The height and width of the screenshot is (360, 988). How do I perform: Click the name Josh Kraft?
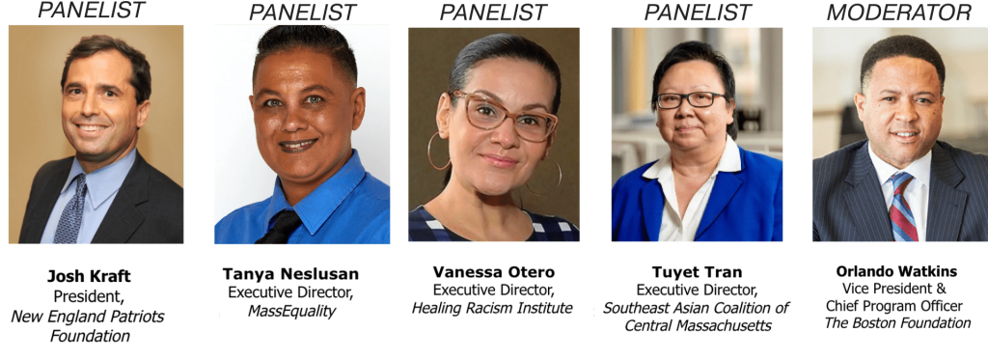pyautogui.click(x=89, y=276)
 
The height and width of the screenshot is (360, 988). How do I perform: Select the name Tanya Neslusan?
pyautogui.click(x=290, y=274)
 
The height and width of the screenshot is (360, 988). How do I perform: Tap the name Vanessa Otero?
pyautogui.click(x=494, y=272)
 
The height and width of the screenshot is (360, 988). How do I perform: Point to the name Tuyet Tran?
pyautogui.click(x=697, y=272)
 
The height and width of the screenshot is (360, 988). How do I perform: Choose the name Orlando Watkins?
pyautogui.click(x=896, y=272)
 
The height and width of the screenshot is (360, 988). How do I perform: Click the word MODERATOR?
pyautogui.click(x=900, y=12)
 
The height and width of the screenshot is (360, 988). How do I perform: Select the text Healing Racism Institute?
pyautogui.click(x=492, y=308)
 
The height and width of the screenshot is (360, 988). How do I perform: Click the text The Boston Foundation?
pyautogui.click(x=897, y=323)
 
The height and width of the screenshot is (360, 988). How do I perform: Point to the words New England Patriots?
pyautogui.click(x=88, y=316)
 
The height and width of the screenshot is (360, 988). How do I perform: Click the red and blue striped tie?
pyautogui.click(x=902, y=207)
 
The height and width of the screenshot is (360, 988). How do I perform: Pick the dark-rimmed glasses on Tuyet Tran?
pyautogui.click(x=691, y=99)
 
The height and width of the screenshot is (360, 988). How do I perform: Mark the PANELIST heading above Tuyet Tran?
pyautogui.click(x=698, y=12)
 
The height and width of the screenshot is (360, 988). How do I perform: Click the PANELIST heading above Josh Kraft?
pyautogui.click(x=92, y=10)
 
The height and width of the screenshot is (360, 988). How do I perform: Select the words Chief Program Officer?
pyautogui.click(x=897, y=306)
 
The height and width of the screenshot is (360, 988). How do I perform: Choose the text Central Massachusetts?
pyautogui.click(x=698, y=326)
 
